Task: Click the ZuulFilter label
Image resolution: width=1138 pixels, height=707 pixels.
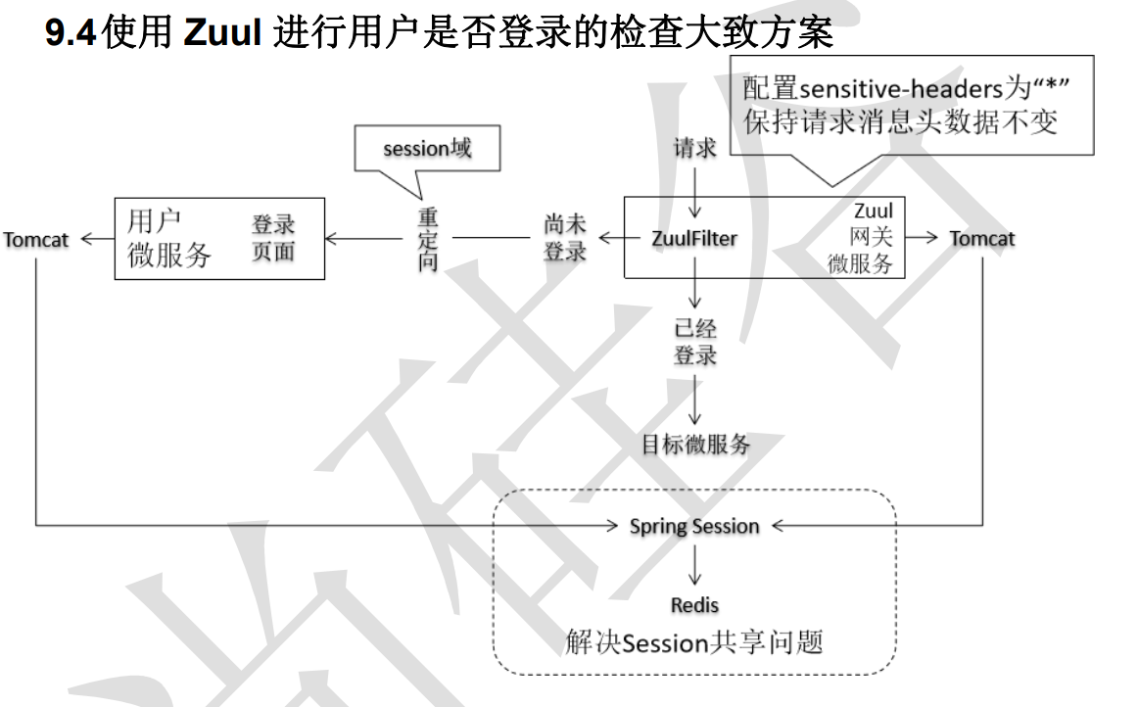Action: click(x=695, y=238)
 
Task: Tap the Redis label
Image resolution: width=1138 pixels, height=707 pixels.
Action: click(x=694, y=605)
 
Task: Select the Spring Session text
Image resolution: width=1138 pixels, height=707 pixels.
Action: click(x=694, y=527)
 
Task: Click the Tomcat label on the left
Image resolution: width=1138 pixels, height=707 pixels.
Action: click(x=36, y=239)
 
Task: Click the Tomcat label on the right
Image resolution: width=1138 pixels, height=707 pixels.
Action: click(x=982, y=239)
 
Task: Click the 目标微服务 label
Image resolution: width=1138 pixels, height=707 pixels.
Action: click(x=695, y=445)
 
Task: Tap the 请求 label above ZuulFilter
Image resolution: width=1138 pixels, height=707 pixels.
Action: click(x=695, y=149)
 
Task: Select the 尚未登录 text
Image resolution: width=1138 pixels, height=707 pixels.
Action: click(x=565, y=238)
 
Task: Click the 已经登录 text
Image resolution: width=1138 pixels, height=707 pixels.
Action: click(x=695, y=342)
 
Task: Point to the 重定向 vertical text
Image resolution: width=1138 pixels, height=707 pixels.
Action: click(x=428, y=238)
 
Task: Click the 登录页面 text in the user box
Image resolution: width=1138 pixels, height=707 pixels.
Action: click(x=273, y=238)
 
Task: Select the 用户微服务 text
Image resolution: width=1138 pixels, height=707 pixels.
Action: click(x=169, y=238)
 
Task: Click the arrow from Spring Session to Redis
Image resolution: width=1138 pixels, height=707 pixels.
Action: click(x=694, y=566)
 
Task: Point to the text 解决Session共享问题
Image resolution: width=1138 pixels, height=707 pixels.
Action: click(x=694, y=642)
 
